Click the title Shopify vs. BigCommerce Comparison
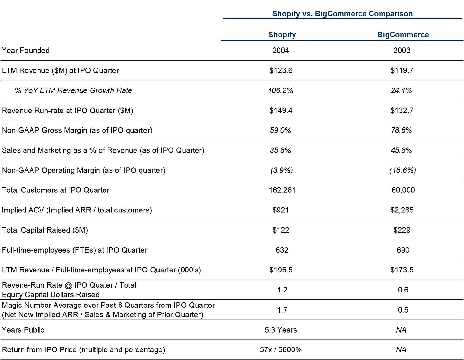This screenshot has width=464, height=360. (342, 14)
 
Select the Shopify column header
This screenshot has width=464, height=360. (282, 35)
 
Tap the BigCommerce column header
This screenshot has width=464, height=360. (403, 35)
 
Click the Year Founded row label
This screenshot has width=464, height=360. (25, 51)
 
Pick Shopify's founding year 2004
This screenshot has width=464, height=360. (281, 51)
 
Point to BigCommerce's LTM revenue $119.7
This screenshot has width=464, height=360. (402, 70)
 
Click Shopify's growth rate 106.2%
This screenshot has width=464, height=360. (280, 90)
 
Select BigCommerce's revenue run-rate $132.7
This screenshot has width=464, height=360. (402, 111)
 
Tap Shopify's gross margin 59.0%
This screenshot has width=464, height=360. (280, 130)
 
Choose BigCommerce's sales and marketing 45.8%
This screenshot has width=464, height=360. (402, 150)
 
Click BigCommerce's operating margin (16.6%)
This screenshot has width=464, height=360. (403, 170)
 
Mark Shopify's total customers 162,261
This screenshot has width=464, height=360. (282, 190)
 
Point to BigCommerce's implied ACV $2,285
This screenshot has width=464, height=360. (402, 210)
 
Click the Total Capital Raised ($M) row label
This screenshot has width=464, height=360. (45, 230)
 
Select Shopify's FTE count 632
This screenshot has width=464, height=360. (282, 250)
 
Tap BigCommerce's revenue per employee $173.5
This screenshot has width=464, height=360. (402, 270)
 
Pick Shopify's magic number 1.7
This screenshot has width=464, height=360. (282, 310)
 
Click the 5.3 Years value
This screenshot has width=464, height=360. (281, 330)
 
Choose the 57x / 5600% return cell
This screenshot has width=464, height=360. (281, 350)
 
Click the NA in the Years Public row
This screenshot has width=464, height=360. (401, 330)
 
